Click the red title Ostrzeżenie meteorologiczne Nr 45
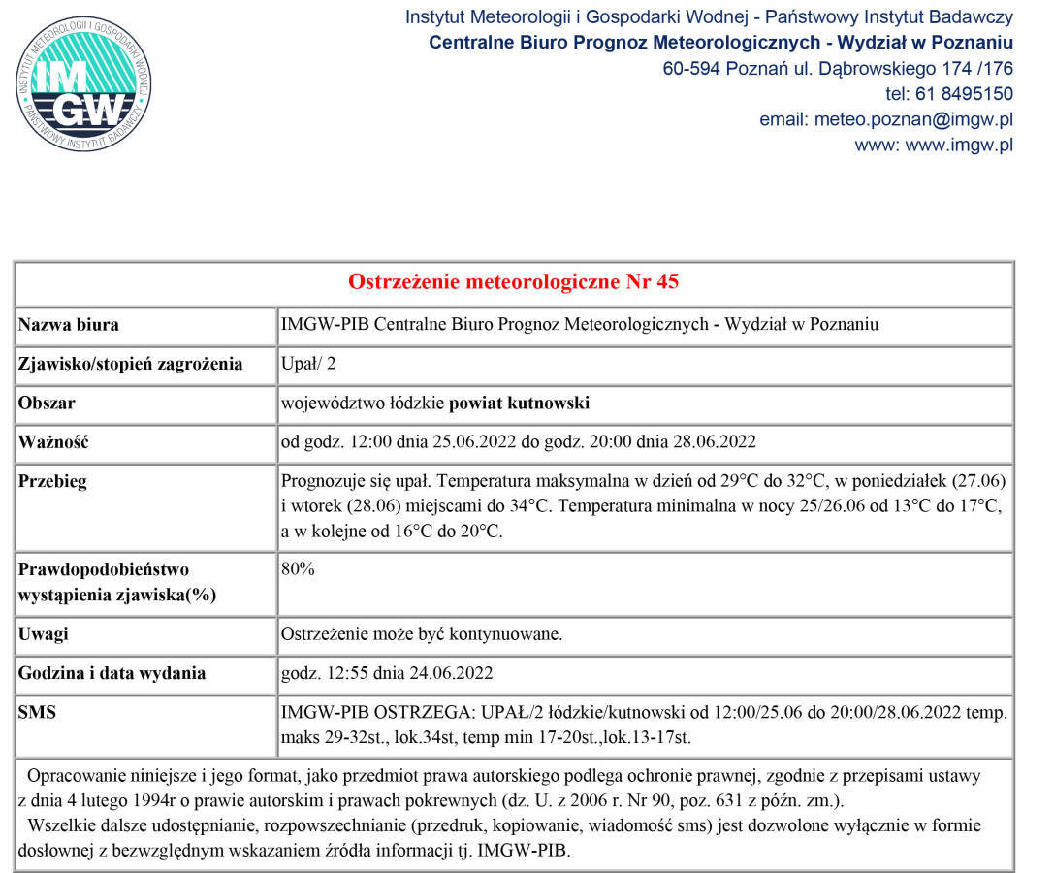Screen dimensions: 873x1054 (514, 282)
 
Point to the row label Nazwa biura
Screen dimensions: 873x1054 (69, 325)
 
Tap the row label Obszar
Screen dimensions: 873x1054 (47, 404)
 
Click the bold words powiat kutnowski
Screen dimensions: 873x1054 (520, 404)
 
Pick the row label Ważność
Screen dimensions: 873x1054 (53, 442)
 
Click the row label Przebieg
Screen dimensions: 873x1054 (52, 482)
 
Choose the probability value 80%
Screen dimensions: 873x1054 (298, 570)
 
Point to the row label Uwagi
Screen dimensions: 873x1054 (44, 635)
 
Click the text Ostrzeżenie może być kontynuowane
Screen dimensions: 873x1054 (422, 635)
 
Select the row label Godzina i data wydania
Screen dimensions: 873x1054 (112, 674)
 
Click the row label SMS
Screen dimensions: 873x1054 (37, 713)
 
